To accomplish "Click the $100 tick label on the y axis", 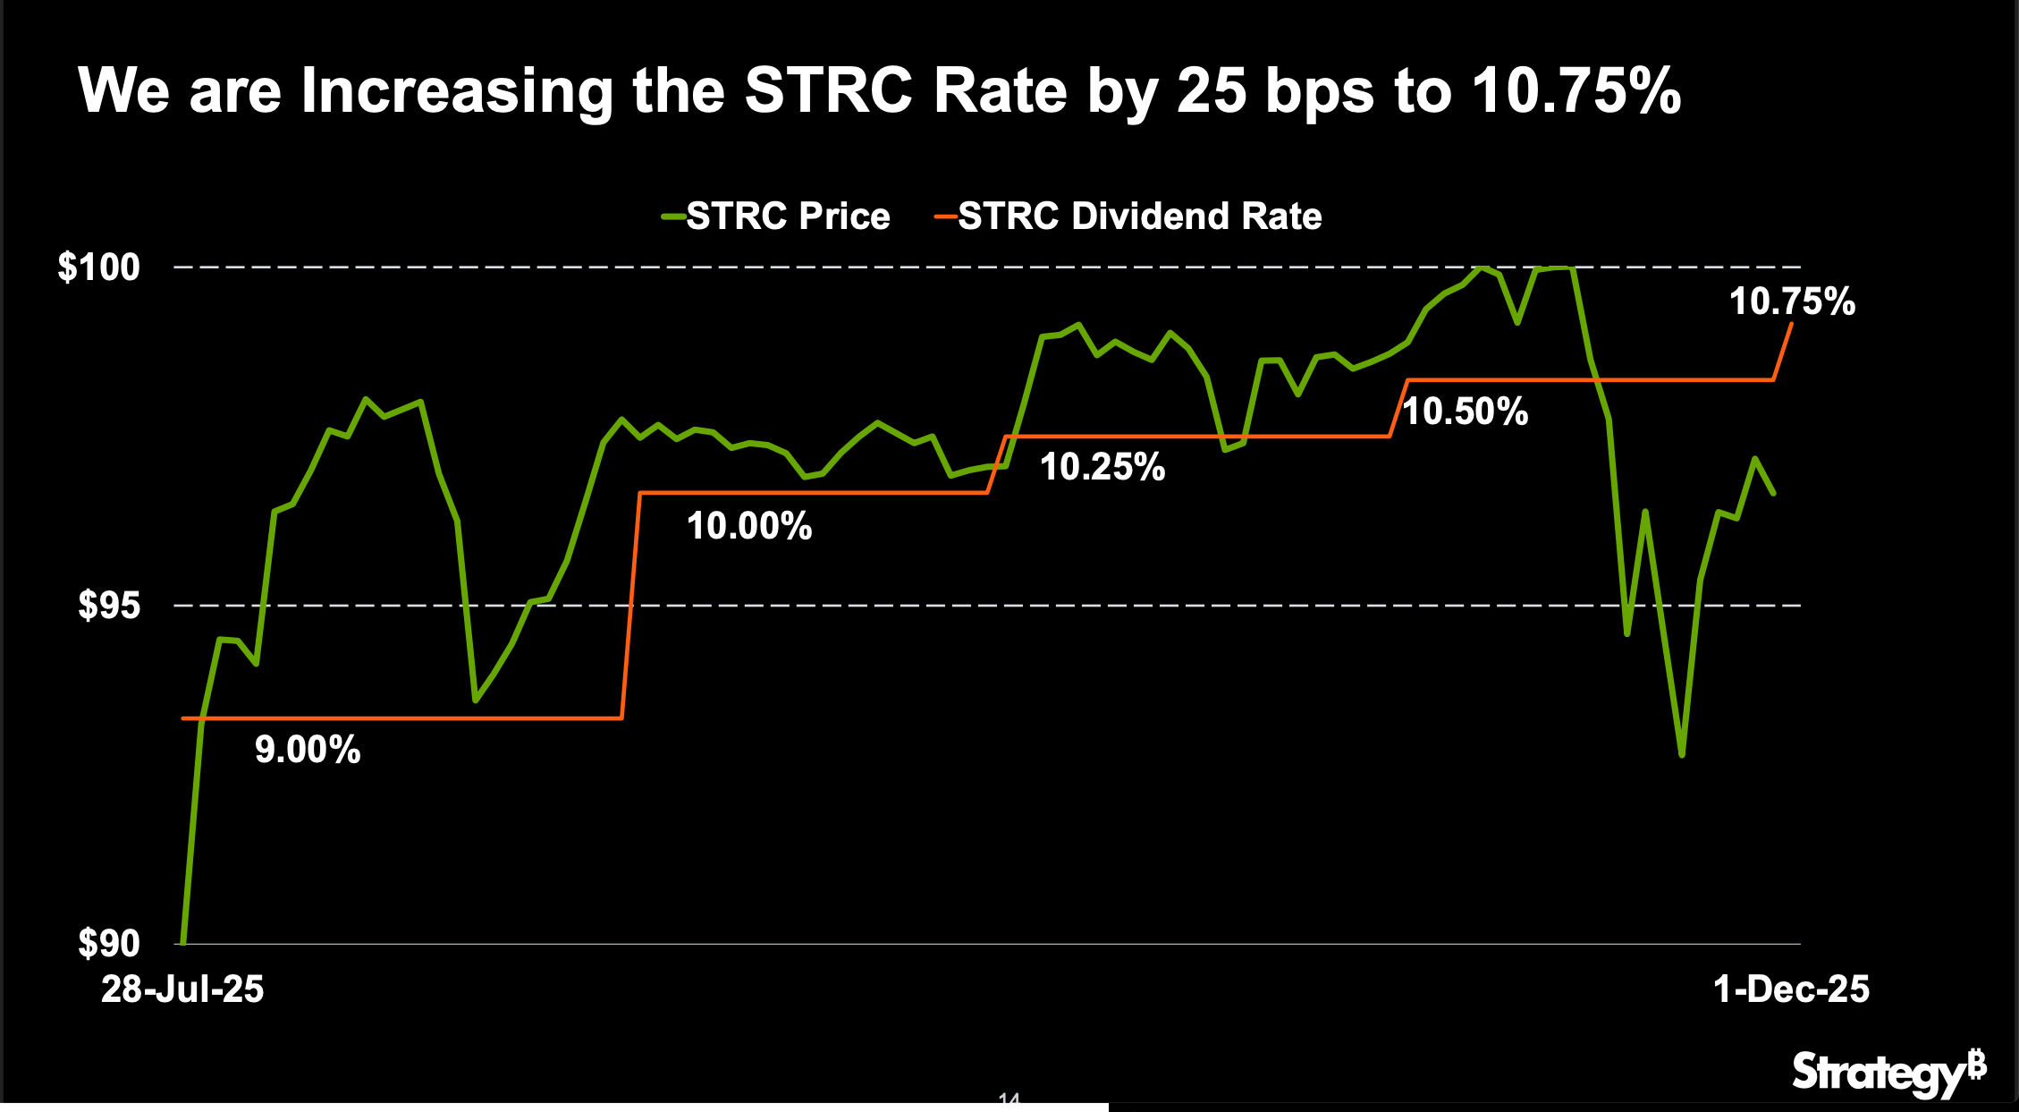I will (98, 267).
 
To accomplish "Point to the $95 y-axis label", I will (109, 606).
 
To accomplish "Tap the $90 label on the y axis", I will (109, 943).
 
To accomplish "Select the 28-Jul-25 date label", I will (182, 989).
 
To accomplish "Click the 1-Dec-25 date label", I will (1791, 989).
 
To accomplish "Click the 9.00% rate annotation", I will (308, 750).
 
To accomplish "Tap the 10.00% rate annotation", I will (749, 526).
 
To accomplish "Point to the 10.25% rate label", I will (1102, 467).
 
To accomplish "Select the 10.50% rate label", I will (1466, 412).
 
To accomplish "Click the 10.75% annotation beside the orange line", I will (1792, 301).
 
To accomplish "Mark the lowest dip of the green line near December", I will (1682, 755).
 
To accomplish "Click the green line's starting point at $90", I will (183, 942).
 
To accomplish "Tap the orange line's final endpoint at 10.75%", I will (1791, 325).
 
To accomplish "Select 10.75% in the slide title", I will (1575, 91).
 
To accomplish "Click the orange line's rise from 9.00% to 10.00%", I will (631, 606).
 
